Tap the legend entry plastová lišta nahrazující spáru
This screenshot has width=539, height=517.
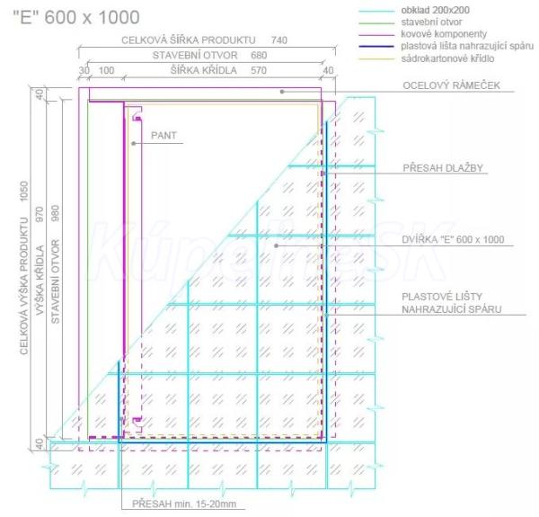click(x=455, y=45)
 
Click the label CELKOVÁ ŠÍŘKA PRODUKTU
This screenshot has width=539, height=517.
click(x=189, y=40)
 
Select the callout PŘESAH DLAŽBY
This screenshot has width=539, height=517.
click(x=444, y=167)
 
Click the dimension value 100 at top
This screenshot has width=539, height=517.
click(x=106, y=69)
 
